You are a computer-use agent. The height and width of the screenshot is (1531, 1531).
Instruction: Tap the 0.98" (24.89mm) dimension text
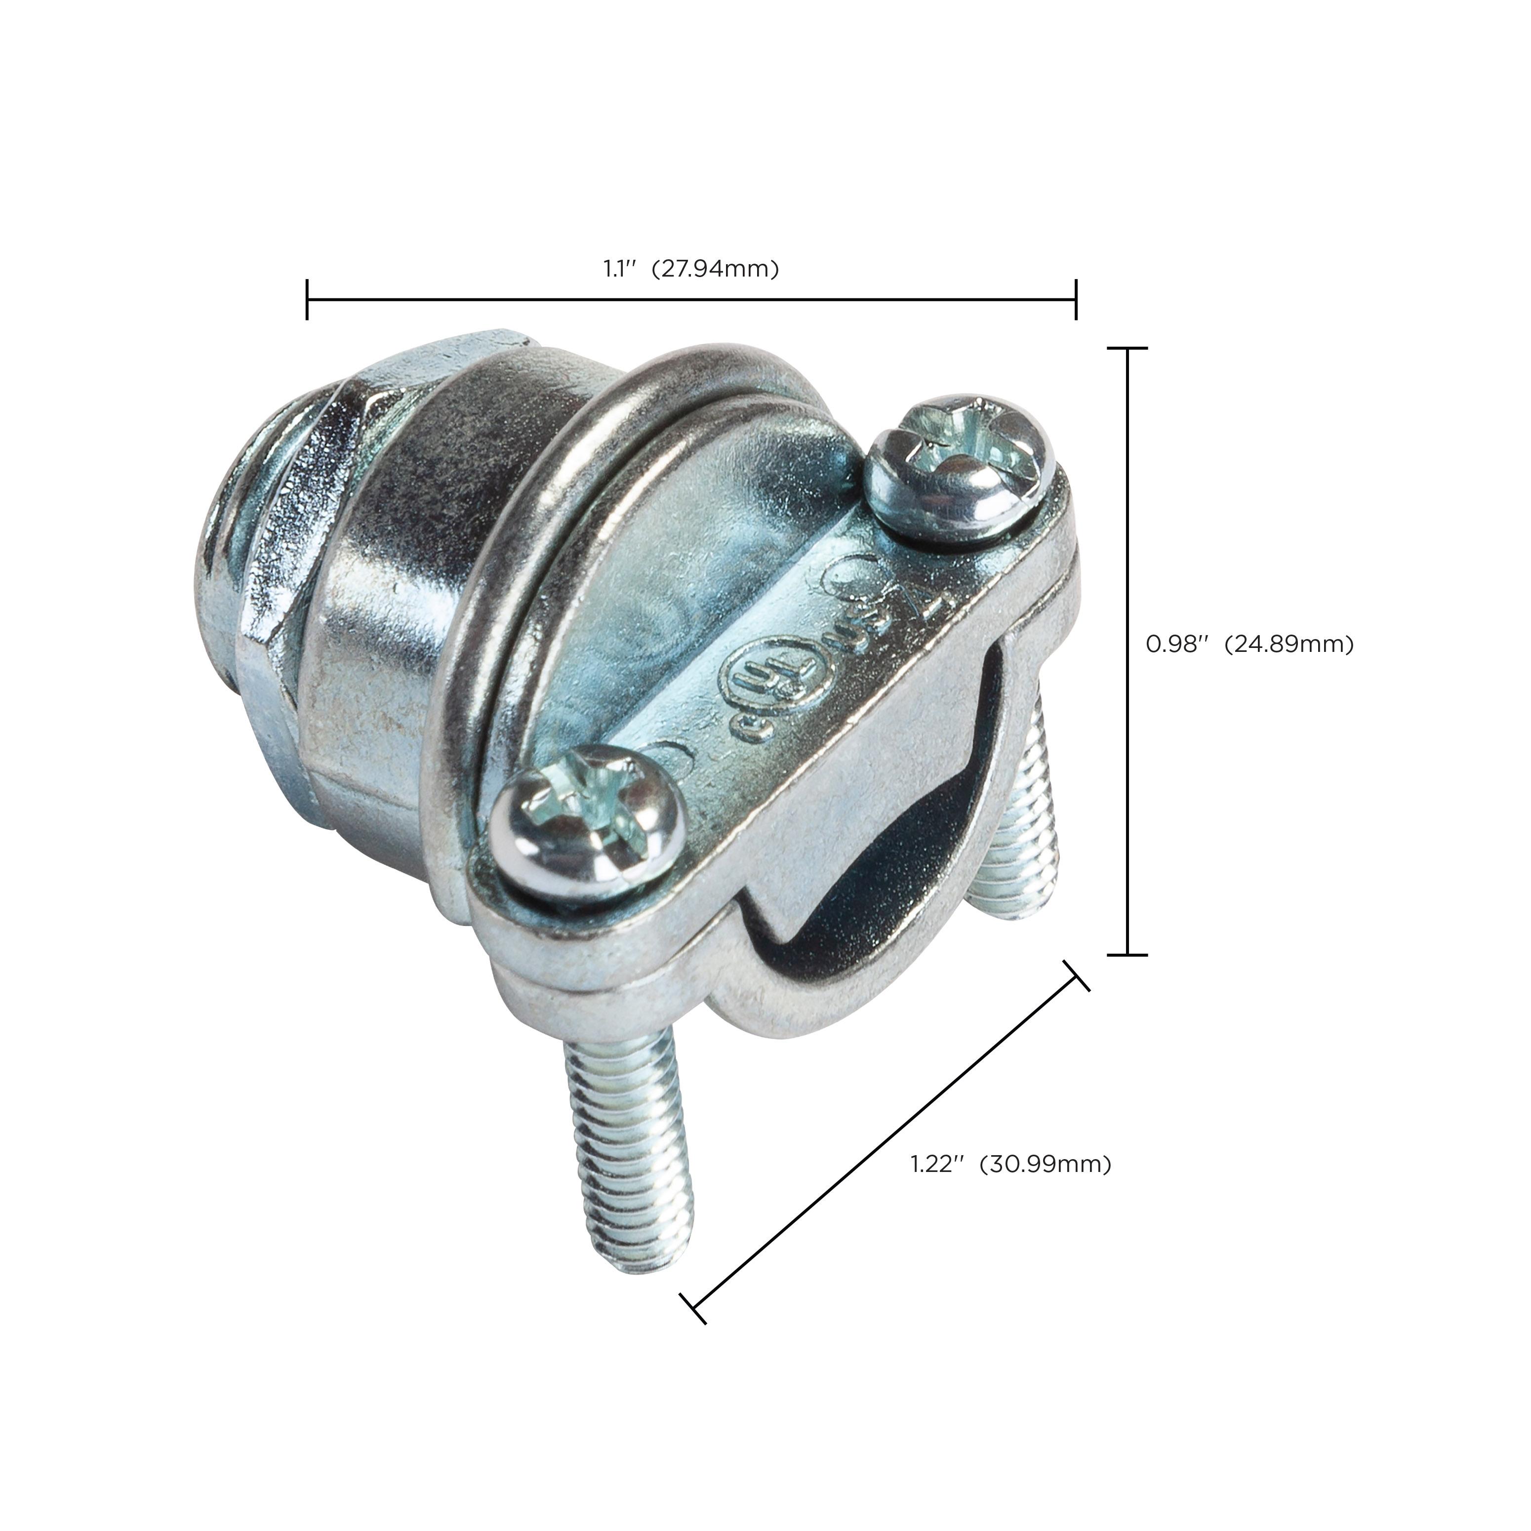click(x=1249, y=645)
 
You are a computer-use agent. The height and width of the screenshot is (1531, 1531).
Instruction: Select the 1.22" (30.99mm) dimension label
click(x=1010, y=1164)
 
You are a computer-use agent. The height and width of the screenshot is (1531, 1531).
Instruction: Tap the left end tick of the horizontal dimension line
click(x=308, y=300)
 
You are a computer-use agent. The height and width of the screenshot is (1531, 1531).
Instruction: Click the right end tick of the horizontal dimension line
click(x=1075, y=300)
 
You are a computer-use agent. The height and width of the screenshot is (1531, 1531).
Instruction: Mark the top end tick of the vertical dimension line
click(x=1127, y=349)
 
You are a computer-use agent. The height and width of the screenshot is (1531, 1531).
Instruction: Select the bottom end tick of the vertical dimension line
click(x=1127, y=955)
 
